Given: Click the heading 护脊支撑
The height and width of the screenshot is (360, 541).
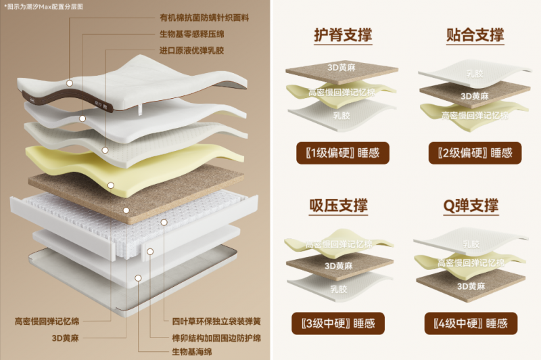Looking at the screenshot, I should click(342, 35).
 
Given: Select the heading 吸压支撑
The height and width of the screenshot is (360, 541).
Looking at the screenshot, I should click(342, 206).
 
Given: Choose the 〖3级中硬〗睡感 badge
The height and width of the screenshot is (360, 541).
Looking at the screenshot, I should click(342, 322).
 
